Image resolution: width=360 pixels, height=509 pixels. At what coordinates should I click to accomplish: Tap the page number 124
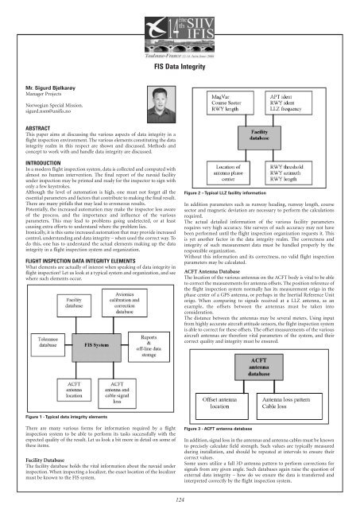click(x=180, y=499)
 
